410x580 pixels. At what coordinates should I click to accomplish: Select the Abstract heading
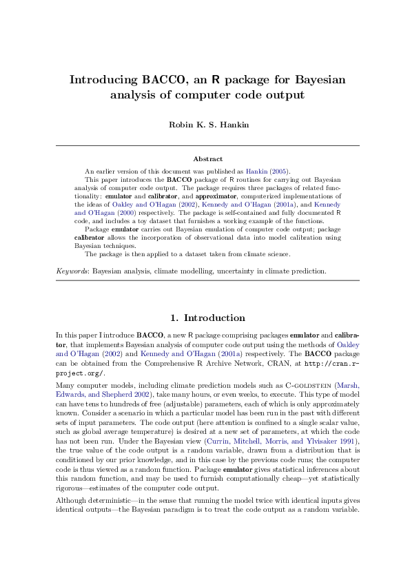tap(207, 158)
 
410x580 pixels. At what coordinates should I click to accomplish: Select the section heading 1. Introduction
tap(207, 318)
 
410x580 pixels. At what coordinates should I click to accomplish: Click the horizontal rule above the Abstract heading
tap(207, 146)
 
